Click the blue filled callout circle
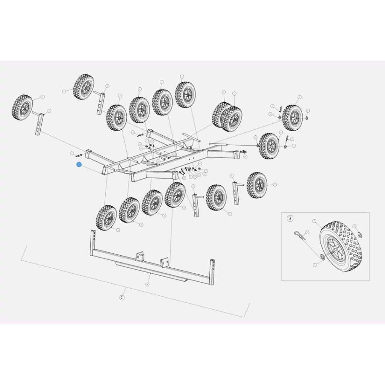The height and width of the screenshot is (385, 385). [x=79, y=165]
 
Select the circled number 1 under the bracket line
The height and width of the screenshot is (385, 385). [x=121, y=297]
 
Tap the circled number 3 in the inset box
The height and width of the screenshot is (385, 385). [x=290, y=218]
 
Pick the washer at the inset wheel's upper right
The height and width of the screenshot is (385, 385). [x=360, y=235]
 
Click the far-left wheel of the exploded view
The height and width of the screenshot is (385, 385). [x=23, y=108]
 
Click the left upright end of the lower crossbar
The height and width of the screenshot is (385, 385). [x=92, y=242]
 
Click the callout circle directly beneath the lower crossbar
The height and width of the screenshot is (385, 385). [x=147, y=284]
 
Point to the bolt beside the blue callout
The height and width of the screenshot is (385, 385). [x=79, y=155]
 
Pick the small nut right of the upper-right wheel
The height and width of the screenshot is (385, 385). [x=307, y=118]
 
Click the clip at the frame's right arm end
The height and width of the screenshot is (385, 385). [x=243, y=152]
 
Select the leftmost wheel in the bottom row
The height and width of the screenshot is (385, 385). [x=106, y=218]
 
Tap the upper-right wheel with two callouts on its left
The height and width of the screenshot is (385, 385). [x=292, y=117]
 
